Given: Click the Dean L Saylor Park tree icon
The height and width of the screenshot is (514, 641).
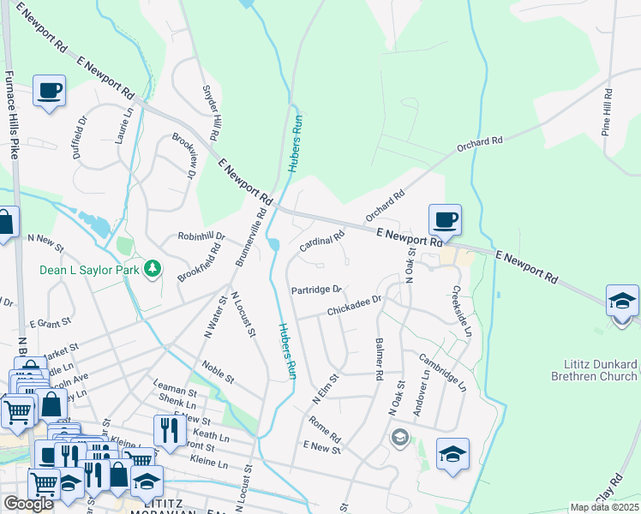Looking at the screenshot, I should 153,270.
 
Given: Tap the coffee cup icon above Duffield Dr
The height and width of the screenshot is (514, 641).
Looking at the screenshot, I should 50,91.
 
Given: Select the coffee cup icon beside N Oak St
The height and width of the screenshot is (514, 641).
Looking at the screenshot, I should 445,220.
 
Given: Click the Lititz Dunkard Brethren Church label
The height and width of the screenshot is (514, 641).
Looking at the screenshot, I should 595,370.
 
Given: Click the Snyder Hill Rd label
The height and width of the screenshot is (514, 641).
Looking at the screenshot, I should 211,112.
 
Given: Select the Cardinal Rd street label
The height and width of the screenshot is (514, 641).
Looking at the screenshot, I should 321,241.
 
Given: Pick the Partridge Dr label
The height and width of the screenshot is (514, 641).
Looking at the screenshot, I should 316,290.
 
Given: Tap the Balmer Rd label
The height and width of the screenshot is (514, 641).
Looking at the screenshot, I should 377,359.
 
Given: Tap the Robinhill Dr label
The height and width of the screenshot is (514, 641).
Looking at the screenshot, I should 201,236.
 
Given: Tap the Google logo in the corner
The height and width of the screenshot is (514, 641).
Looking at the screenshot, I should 28,505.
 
